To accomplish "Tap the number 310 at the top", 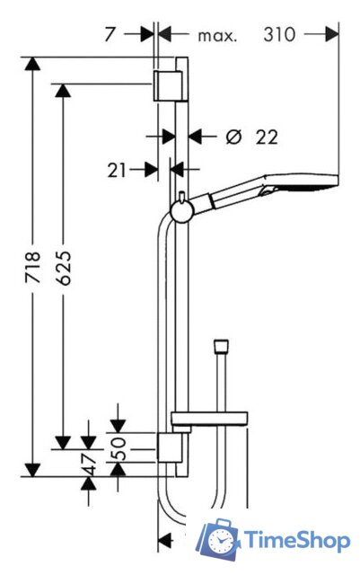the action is click(279, 35).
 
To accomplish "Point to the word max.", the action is click(217, 36).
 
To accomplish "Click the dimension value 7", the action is click(110, 35).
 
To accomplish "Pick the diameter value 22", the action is click(267, 137).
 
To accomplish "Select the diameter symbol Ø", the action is click(234, 137).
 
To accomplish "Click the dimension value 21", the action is click(117, 171).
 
